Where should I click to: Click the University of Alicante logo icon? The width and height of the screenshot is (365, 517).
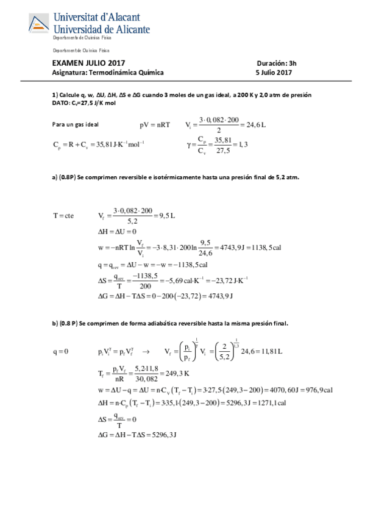40,24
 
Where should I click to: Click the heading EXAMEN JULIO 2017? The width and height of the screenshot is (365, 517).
89,63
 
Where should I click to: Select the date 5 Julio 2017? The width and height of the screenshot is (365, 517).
274,73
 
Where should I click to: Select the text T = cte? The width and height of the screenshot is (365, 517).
63,215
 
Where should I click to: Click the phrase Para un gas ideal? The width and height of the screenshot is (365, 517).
76,124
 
